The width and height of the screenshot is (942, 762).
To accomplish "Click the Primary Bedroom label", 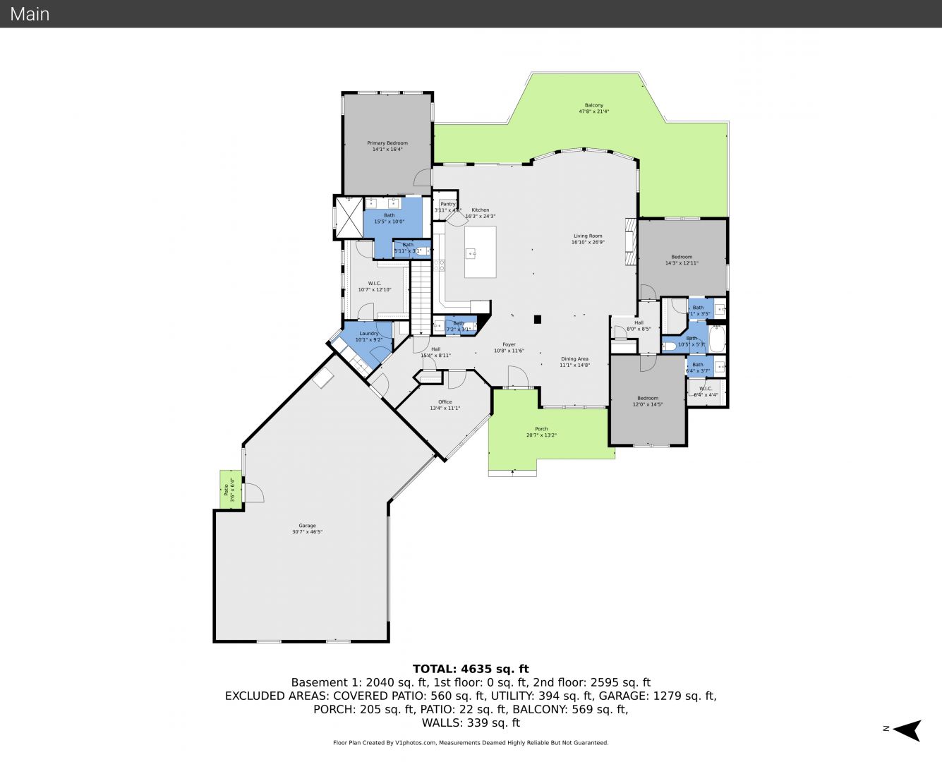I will click(x=387, y=143).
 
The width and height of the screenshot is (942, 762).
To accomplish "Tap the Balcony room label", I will click(x=593, y=105).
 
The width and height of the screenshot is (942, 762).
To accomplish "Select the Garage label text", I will click(x=307, y=526).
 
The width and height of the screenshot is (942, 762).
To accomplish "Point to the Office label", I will click(x=445, y=402).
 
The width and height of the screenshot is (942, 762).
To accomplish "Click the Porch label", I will click(x=541, y=429).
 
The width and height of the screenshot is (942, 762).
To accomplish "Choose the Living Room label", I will click(x=588, y=236).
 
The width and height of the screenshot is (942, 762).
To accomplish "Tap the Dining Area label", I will click(x=574, y=359).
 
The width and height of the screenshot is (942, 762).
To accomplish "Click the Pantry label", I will click(x=448, y=204).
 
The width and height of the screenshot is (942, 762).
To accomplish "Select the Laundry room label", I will click(x=369, y=334).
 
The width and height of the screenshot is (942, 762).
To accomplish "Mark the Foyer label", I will click(x=509, y=345).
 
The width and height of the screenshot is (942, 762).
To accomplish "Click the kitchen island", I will click(x=480, y=252).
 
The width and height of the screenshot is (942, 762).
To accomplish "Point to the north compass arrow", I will click(x=909, y=730).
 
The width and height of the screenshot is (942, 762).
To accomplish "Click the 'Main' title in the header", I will click(x=30, y=13).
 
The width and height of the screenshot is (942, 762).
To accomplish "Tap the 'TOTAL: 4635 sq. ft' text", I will click(x=471, y=669).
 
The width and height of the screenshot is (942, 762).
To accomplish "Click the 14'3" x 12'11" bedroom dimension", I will click(x=682, y=263).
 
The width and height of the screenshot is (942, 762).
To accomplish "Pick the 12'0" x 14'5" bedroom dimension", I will click(x=648, y=404).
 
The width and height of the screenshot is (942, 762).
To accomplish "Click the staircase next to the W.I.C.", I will click(x=421, y=296).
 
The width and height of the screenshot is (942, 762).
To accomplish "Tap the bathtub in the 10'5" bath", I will click(x=716, y=339).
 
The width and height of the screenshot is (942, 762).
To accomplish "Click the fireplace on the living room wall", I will click(x=630, y=241).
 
